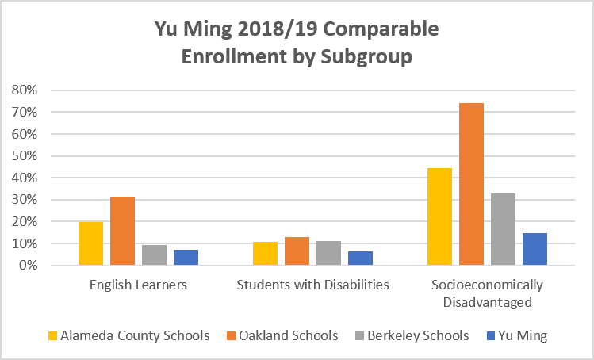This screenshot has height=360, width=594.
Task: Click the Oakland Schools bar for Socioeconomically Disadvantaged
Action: click(x=471, y=184)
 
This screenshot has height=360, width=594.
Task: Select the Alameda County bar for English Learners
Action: click(x=90, y=243)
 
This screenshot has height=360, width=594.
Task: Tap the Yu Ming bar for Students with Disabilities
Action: click(x=360, y=259)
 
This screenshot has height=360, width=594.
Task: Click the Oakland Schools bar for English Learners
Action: click(x=122, y=231)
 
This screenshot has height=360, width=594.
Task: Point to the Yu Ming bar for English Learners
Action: click(x=186, y=258)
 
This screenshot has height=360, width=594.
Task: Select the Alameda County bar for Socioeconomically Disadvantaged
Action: click(x=439, y=216)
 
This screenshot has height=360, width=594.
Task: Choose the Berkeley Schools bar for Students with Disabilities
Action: click(x=328, y=253)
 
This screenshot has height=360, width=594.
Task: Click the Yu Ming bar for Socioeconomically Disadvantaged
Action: click(x=535, y=249)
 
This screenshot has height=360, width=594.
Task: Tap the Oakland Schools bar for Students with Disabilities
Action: click(x=297, y=251)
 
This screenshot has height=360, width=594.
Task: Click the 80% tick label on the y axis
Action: click(x=25, y=90)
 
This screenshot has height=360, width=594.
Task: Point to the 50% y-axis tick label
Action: click(x=25, y=156)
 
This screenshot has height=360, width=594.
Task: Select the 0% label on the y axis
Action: click(x=29, y=266)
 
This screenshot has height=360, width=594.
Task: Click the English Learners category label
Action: click(x=138, y=285)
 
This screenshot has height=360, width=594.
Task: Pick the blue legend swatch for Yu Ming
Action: click(x=489, y=335)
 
